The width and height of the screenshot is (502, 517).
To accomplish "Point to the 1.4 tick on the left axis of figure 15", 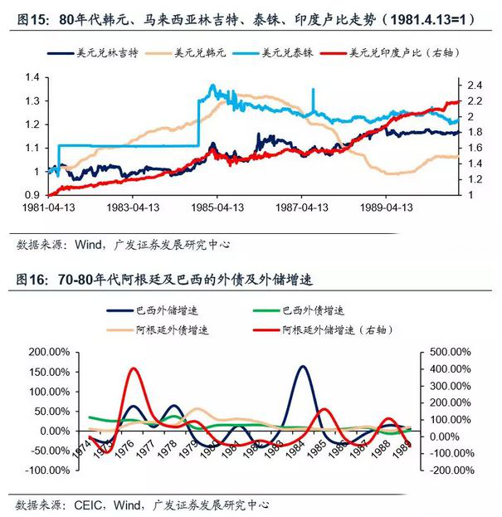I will (32, 77).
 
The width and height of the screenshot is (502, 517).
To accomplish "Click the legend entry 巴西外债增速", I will (311, 311).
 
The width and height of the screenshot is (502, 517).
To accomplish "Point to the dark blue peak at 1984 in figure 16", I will (302, 367).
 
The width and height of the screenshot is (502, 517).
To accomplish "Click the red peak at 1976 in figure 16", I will (133, 369).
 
